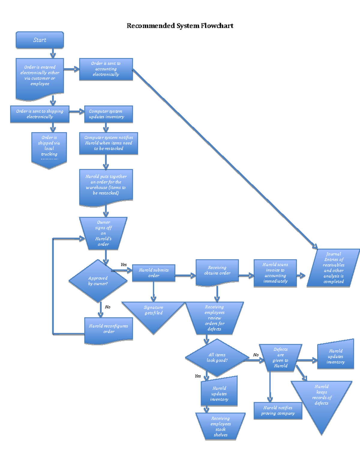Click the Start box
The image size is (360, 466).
pos(40,40)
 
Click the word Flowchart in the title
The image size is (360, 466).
pos(217,26)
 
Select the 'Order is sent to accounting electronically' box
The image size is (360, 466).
pos(106,69)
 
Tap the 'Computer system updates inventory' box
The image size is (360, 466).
pos(108,114)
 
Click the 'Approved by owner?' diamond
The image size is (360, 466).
pos(98,281)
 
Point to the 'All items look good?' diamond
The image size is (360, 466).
pos(217,358)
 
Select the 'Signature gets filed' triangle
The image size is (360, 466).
pos(154,314)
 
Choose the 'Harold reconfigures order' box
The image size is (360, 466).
pos(109,329)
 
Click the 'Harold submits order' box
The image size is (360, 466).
pos(154,273)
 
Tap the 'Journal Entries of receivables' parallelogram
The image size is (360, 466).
pos(333,268)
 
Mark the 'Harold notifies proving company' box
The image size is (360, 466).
pos(278,410)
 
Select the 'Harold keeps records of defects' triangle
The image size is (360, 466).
pos(322,399)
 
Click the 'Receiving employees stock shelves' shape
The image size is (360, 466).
pos(220,426)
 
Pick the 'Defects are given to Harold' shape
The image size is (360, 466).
pos(280,358)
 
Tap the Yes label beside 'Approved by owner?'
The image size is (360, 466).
pos(124,265)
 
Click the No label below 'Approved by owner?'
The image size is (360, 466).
pos(108,307)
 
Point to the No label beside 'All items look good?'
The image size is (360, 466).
pos(256,355)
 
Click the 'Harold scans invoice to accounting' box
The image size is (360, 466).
pos(275,273)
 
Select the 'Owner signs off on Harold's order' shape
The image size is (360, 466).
pos(103,233)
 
